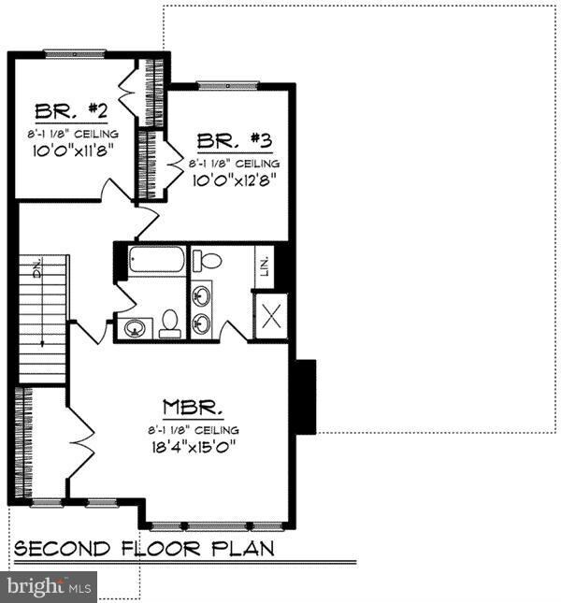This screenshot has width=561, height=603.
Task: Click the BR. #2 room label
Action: pyautogui.click(x=71, y=112)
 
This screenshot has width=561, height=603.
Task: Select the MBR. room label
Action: pyautogui.click(x=193, y=408)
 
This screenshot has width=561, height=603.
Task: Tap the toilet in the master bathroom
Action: pyautogui.click(x=209, y=260)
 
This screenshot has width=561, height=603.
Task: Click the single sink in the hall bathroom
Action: pyautogui.click(x=136, y=328)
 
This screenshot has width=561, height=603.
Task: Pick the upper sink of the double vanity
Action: pyautogui.click(x=202, y=295)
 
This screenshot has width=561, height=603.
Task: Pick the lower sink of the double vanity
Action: pyautogui.click(x=202, y=324)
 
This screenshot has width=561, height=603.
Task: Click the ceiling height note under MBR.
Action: pyautogui.click(x=193, y=429)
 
